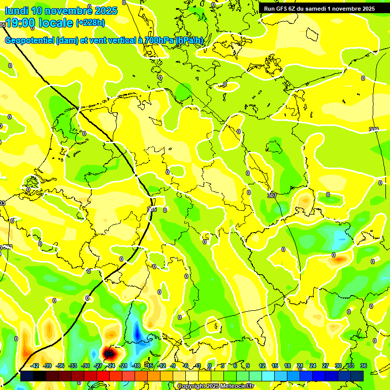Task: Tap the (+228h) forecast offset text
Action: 91,22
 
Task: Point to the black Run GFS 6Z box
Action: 319,9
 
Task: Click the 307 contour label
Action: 272,195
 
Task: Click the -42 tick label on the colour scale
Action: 35,366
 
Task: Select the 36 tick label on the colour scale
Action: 364,366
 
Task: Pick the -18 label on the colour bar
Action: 136,366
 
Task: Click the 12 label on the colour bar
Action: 262,366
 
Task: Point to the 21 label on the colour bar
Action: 300,366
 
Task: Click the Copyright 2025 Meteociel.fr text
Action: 216,386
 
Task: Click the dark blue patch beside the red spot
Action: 137,333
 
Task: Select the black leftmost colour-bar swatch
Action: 27,376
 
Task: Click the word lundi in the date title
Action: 17,11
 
